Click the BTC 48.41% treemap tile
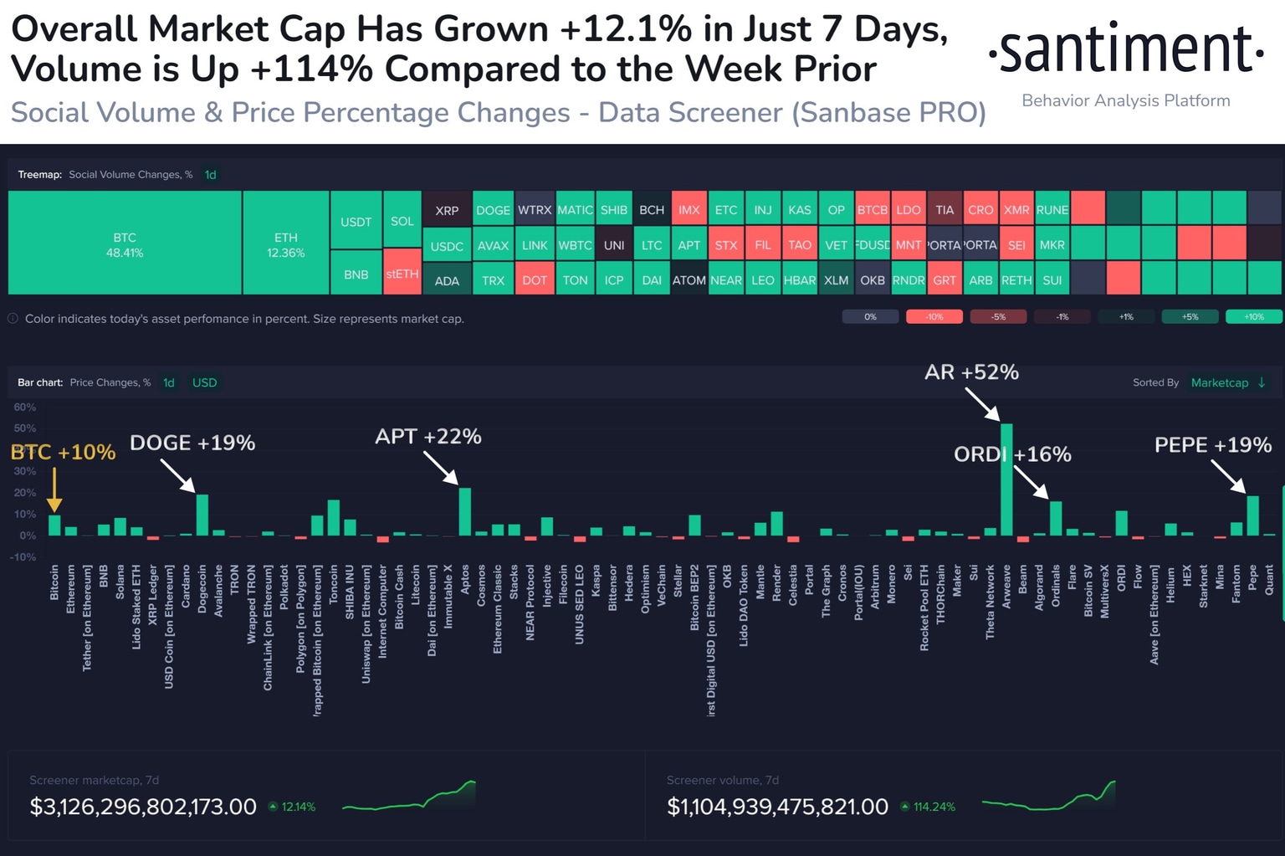(125, 243)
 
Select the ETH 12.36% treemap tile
(285, 243)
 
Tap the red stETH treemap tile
(402, 274)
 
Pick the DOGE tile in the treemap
(493, 210)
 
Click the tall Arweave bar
(1006, 481)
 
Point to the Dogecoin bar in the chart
(202, 515)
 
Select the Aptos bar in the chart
(465, 512)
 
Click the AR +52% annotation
(971, 372)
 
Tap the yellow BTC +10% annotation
(63, 453)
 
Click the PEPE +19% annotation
(1212, 445)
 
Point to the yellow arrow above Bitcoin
(54, 490)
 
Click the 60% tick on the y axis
(25, 407)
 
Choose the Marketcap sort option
(1219, 382)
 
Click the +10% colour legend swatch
(1253, 317)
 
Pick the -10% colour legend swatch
(934, 317)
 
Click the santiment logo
(1125, 50)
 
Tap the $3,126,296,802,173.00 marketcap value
(143, 807)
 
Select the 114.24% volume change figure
(934, 807)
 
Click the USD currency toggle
(204, 382)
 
